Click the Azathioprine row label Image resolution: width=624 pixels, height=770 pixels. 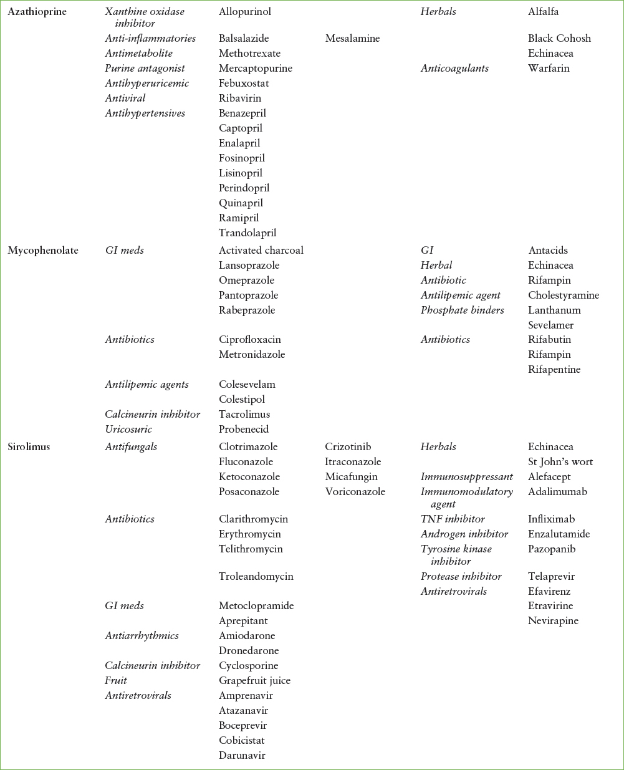(37, 11)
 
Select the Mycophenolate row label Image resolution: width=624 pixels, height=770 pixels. (43, 250)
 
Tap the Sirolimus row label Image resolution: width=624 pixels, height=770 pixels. (29, 446)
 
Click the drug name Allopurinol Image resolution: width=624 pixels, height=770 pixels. (244, 11)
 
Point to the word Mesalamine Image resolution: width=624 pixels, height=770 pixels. (352, 38)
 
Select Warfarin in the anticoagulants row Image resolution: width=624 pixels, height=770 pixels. (549, 68)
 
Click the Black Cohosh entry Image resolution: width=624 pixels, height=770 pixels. (559, 38)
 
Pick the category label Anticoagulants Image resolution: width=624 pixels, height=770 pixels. (454, 68)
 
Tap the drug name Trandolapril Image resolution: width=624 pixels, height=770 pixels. (247, 233)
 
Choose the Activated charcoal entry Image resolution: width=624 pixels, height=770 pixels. (261, 250)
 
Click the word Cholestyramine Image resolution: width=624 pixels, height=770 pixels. (564, 295)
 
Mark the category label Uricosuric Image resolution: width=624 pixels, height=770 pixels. (128, 429)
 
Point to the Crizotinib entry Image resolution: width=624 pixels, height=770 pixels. (348, 446)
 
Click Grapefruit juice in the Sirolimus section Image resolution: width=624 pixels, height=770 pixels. (254, 680)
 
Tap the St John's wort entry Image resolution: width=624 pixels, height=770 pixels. (560, 461)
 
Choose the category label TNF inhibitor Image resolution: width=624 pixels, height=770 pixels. (453, 519)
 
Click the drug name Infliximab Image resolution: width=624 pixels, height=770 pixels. (551, 519)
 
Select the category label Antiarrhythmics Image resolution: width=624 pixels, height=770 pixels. (142, 635)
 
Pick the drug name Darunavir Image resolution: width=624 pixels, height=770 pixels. (242, 755)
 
